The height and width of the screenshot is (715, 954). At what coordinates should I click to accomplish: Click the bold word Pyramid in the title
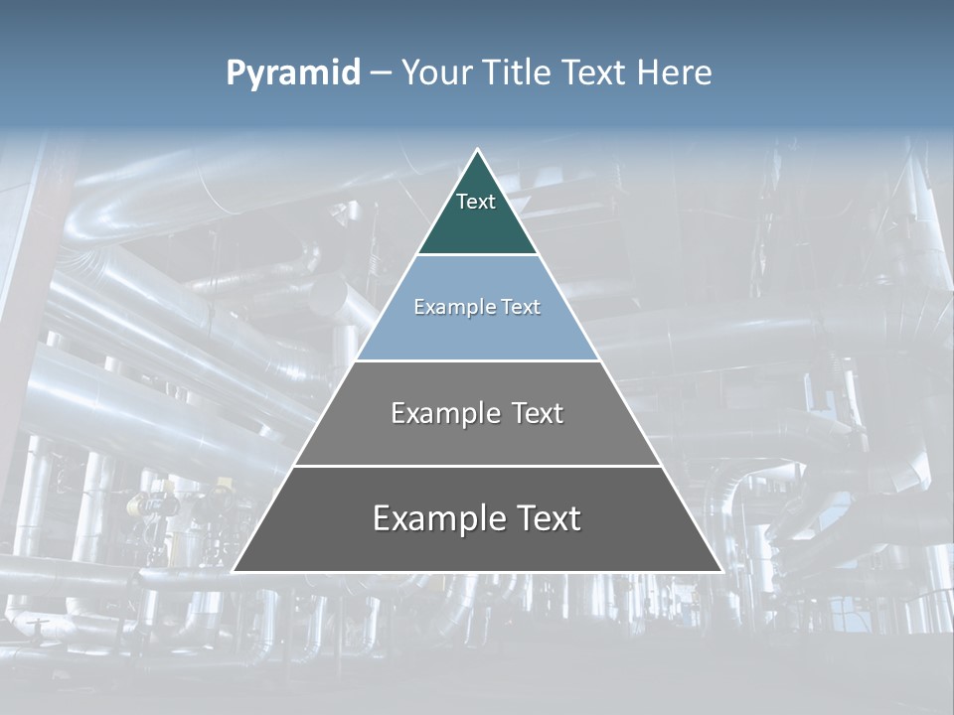pyautogui.click(x=293, y=73)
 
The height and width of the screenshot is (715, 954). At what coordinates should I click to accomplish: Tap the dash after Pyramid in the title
pyautogui.click(x=381, y=73)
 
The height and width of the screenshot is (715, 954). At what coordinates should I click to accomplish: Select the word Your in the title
pyautogui.click(x=435, y=73)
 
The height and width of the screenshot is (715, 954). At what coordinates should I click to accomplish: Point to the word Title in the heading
pyautogui.click(x=518, y=73)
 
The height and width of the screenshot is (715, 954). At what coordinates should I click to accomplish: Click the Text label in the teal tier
pyautogui.click(x=476, y=202)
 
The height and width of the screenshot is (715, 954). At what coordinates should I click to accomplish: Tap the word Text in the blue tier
pyautogui.click(x=521, y=308)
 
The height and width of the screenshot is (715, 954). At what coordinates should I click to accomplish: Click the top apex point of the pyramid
pyautogui.click(x=477, y=150)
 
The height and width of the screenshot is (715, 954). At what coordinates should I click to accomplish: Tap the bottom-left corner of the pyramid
pyautogui.click(x=234, y=571)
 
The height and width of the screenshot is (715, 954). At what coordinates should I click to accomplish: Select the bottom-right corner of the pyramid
pyautogui.click(x=721, y=571)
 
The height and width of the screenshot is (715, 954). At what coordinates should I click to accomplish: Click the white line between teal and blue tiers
pyautogui.click(x=477, y=255)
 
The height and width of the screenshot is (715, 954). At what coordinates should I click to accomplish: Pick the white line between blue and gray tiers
pyautogui.click(x=477, y=360)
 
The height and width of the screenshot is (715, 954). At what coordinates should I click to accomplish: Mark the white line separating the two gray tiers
pyautogui.click(x=477, y=466)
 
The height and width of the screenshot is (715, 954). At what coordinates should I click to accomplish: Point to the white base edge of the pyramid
pyautogui.click(x=477, y=572)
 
